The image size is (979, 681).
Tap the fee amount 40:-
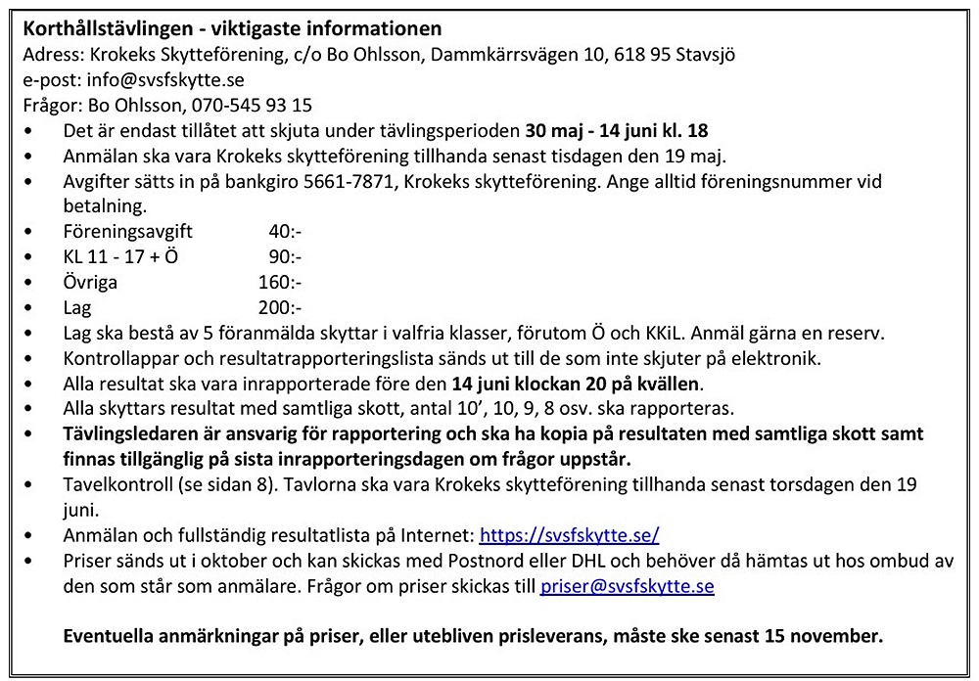[x=284, y=232]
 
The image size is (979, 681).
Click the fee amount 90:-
[x=284, y=257]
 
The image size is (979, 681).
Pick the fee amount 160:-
[x=280, y=283]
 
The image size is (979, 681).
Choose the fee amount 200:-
[x=280, y=308]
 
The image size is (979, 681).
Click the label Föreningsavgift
[x=127, y=232]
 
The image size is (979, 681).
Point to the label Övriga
[x=90, y=283]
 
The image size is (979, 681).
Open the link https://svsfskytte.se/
[x=569, y=535]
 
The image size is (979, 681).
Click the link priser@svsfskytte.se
[x=627, y=587]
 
